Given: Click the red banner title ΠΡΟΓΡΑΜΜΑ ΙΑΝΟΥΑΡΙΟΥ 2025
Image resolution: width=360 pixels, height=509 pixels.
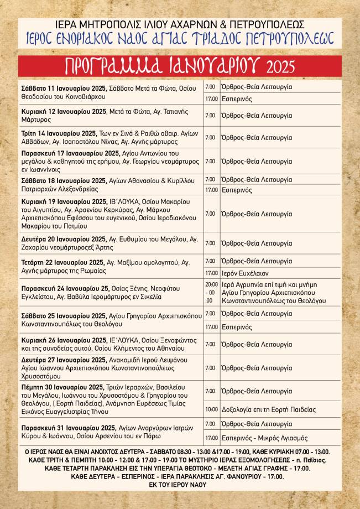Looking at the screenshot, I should pyautogui.click(x=180, y=65).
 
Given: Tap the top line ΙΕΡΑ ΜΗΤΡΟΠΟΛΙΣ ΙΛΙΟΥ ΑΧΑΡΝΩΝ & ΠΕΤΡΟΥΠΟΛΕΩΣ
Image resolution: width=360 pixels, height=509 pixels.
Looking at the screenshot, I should pyautogui.click(x=180, y=25).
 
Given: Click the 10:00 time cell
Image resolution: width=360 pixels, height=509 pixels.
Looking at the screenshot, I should pyautogui.click(x=211, y=409).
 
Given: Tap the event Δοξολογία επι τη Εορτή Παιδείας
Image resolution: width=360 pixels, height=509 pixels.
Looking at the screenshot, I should pyautogui.click(x=268, y=409).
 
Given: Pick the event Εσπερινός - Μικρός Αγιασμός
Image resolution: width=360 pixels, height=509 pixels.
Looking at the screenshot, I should pyautogui.click(x=264, y=438).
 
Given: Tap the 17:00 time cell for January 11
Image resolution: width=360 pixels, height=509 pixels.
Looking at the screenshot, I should pyautogui.click(x=211, y=99).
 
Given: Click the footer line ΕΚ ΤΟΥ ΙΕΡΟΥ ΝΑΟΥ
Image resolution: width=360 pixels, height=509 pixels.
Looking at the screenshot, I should pyautogui.click(x=180, y=485).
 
